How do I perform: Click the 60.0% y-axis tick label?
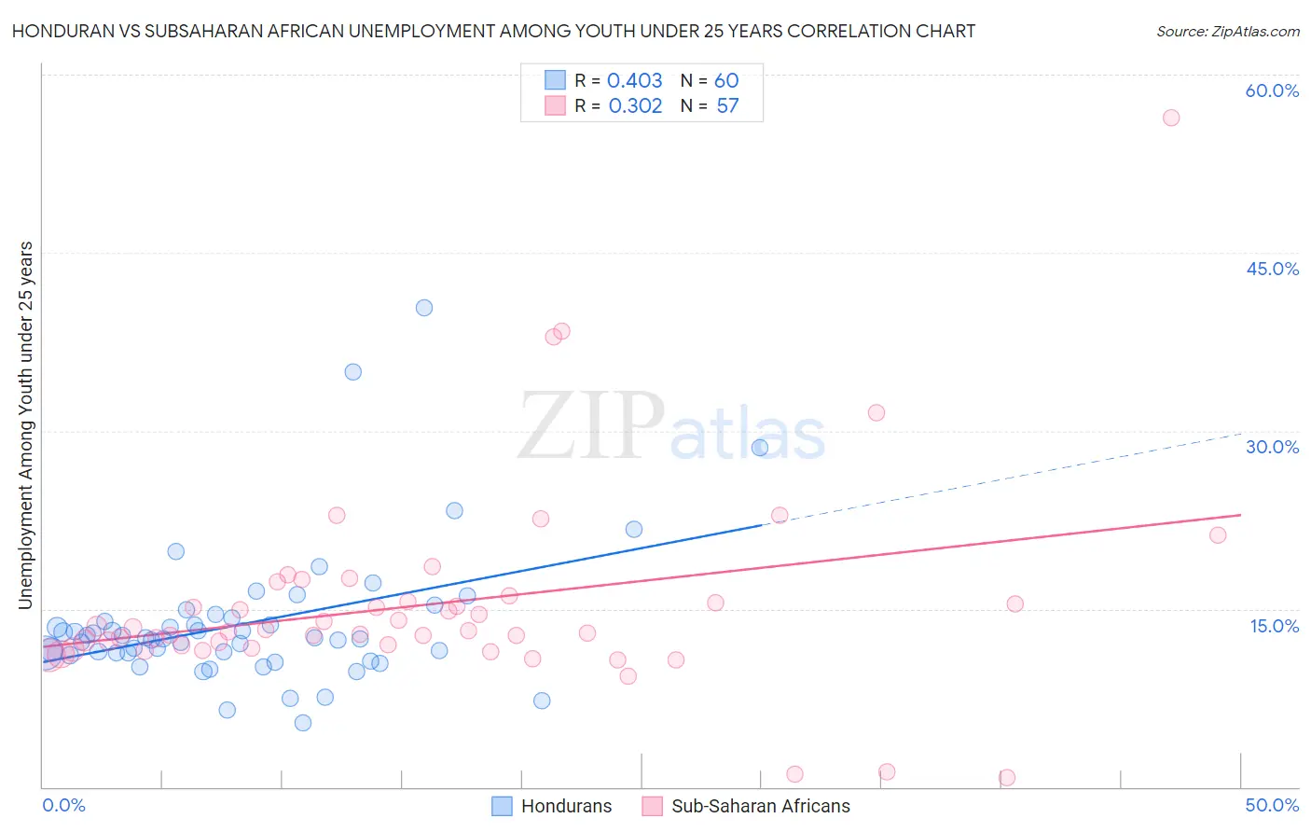click(x=1272, y=90)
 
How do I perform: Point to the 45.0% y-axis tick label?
click(x=1272, y=269)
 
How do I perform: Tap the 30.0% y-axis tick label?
click(x=1272, y=447)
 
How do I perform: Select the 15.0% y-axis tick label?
click(x=1274, y=625)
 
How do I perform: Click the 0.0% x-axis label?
click(x=63, y=805)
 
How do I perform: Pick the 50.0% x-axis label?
click(x=1272, y=805)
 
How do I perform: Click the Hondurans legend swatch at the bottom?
click(x=502, y=806)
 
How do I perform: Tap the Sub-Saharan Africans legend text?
click(x=761, y=806)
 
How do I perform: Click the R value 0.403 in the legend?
click(x=634, y=80)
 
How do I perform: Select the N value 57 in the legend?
click(x=727, y=105)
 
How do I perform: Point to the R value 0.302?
click(x=635, y=105)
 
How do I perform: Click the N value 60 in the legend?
click(x=726, y=80)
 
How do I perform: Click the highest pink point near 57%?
click(x=1171, y=118)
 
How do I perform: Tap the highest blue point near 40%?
click(x=424, y=308)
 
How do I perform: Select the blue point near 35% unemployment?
click(x=352, y=372)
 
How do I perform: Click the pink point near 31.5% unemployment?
click(x=876, y=412)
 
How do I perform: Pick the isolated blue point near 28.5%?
click(x=760, y=448)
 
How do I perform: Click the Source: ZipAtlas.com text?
click(x=1227, y=31)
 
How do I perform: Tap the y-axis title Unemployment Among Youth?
click(x=25, y=425)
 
